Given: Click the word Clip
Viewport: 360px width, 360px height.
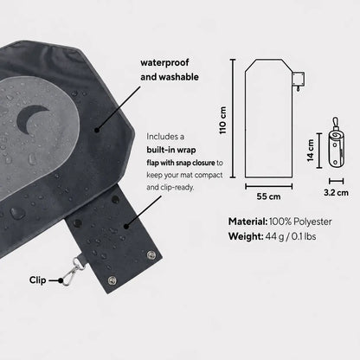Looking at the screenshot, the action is pos(37,280).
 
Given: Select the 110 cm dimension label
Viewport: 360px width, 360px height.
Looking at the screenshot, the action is pos(223,120).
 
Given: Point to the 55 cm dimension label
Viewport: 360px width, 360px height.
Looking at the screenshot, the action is pos(268,196).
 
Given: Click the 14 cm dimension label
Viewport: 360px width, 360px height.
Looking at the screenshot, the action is pos(311,151).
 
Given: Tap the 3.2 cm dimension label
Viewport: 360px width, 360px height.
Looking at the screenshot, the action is pos(336,192).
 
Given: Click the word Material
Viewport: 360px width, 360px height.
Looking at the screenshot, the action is pos(247,222).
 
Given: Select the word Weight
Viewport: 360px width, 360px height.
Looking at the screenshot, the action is pos(246,236).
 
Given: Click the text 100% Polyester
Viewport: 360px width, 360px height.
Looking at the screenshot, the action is pos(300,222).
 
